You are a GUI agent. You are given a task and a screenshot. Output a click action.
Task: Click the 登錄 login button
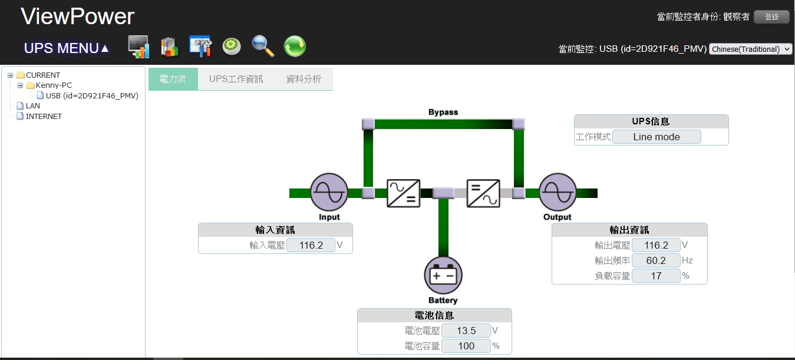pos(771,17)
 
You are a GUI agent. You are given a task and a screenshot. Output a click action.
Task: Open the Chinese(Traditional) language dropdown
pos(751,49)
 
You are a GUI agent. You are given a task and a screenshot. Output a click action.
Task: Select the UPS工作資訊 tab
pos(236,79)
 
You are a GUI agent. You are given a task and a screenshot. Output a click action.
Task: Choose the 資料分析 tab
pos(304,79)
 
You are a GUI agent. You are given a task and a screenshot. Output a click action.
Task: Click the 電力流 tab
pos(173,79)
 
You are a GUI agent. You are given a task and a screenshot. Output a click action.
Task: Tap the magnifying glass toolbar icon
pos(263,46)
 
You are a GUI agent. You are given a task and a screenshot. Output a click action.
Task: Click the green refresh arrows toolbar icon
pos(295,46)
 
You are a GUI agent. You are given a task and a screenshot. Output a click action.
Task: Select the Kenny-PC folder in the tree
pos(54,85)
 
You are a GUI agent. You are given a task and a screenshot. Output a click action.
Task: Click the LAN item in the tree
pos(33,106)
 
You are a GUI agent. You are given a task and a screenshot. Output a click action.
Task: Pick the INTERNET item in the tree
pos(44,117)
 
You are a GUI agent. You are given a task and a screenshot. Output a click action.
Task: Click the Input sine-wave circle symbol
pos(329,193)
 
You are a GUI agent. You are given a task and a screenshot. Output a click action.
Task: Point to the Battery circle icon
pos(443,275)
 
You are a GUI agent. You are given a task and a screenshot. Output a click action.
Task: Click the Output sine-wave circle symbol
pos(558,193)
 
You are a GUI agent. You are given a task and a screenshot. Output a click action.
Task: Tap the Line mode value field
pos(657,137)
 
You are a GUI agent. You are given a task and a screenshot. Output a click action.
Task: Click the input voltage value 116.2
pos(311,245)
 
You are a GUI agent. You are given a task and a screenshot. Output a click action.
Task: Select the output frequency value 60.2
pos(656,260)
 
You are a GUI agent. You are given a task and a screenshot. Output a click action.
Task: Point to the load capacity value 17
pos(656,276)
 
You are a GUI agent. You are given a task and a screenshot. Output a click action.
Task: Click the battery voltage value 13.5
pos(466,331)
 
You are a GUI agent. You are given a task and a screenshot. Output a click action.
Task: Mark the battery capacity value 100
pos(466,346)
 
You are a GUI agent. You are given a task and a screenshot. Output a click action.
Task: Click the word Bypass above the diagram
pos(443,112)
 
